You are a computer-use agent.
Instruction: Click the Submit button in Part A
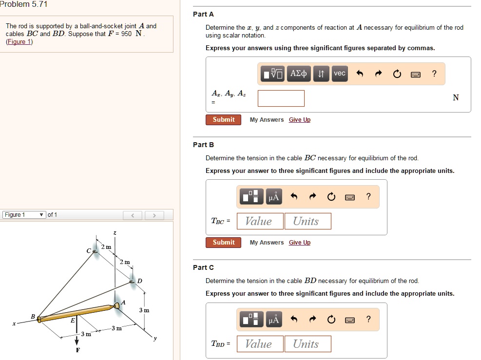pyautogui.click(x=223, y=120)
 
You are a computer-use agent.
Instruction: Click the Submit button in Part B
pyautogui.click(x=223, y=243)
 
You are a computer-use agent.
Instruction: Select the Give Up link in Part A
pyautogui.click(x=299, y=120)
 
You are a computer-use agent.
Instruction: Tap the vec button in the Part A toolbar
pyautogui.click(x=339, y=74)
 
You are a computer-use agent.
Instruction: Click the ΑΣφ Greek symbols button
pyautogui.click(x=298, y=74)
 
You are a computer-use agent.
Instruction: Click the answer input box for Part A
pyautogui.click(x=281, y=98)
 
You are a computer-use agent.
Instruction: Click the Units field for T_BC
pyautogui.click(x=308, y=222)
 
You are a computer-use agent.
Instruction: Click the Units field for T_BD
pyautogui.click(x=308, y=344)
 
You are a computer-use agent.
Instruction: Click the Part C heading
pyautogui.click(x=203, y=267)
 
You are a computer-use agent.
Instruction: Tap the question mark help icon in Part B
pyautogui.click(x=368, y=196)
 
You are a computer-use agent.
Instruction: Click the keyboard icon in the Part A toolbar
pyautogui.click(x=415, y=75)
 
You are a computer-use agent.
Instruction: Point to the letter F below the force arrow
pyautogui.click(x=77, y=350)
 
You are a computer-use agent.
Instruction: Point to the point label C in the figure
pyautogui.click(x=88, y=250)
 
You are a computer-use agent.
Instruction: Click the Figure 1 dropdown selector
pyautogui.click(x=24, y=215)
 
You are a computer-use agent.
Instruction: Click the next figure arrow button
pyautogui.click(x=154, y=215)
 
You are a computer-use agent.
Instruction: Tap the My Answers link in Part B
pyautogui.click(x=267, y=243)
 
